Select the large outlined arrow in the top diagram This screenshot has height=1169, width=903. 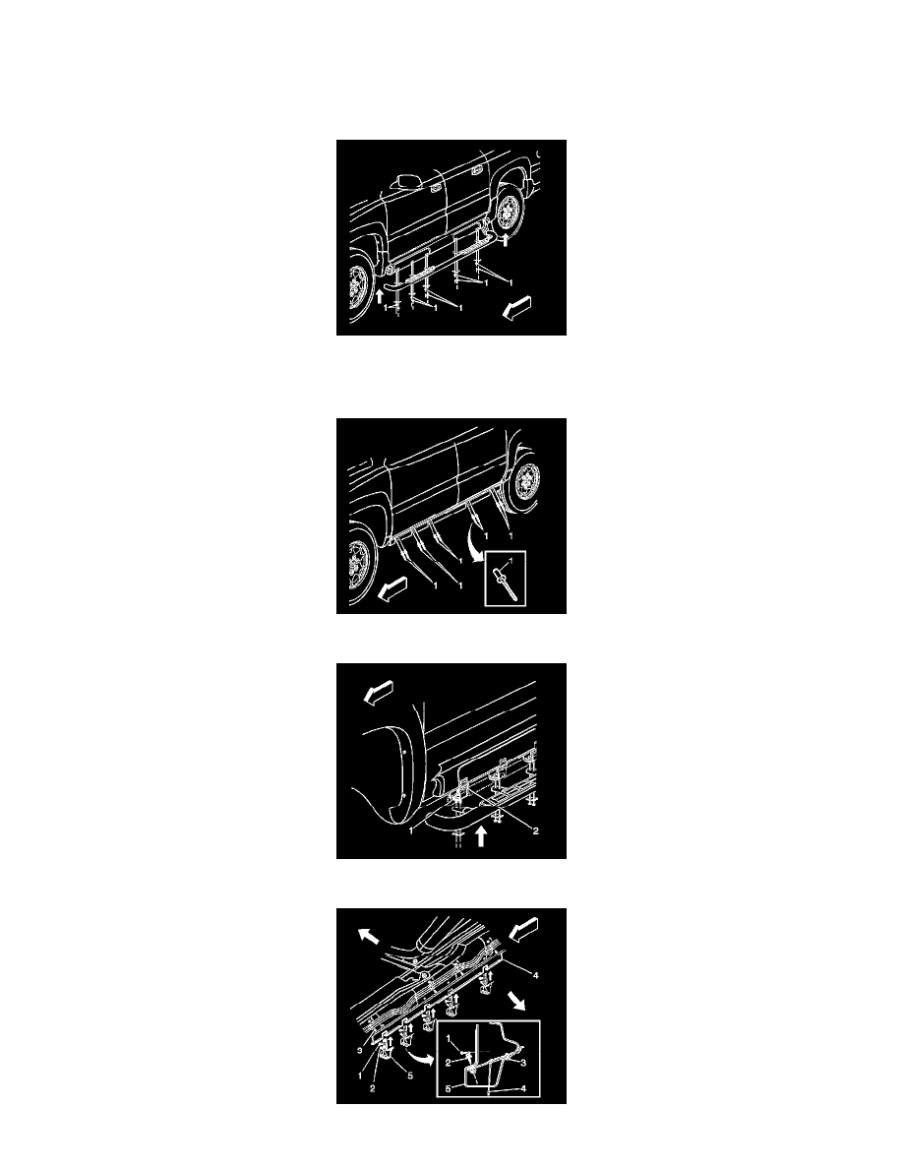517,307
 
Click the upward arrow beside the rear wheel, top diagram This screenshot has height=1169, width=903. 506,239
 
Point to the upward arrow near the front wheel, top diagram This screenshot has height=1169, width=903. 380,295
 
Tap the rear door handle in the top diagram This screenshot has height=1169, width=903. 474,170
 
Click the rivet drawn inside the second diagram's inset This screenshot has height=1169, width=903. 503,582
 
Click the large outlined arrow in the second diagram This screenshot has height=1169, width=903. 393,591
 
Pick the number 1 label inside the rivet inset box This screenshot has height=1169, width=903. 512,559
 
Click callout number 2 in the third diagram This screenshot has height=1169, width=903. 536,831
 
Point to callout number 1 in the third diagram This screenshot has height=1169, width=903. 411,831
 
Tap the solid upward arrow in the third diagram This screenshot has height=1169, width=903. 481,835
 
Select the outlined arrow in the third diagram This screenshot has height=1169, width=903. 378,693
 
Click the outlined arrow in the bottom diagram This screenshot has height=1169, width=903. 523,930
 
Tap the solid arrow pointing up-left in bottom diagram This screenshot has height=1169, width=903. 368,936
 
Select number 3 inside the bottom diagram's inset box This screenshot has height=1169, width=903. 523,1063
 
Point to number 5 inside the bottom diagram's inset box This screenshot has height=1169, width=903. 448,1089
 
